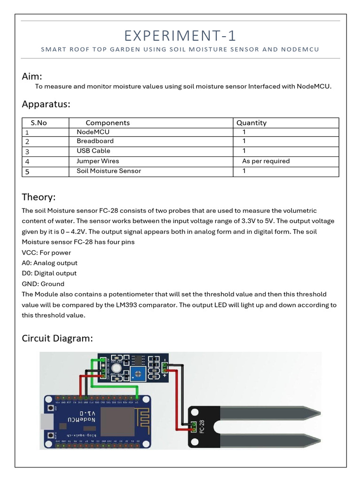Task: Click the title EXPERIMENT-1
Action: [180, 36]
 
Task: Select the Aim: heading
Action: [32, 77]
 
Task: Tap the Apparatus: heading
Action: [46, 104]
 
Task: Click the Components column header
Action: [108, 123]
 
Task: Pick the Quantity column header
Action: [251, 123]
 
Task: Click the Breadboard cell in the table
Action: [95, 141]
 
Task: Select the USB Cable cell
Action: [94, 151]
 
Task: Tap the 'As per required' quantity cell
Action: [266, 161]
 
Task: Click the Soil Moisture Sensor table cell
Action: [109, 171]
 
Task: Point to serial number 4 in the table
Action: [27, 162]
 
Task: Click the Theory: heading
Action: [39, 197]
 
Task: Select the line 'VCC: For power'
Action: [47, 253]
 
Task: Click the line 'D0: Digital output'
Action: [49, 273]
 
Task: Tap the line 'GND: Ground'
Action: [43, 284]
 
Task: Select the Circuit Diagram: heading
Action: [57, 338]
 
